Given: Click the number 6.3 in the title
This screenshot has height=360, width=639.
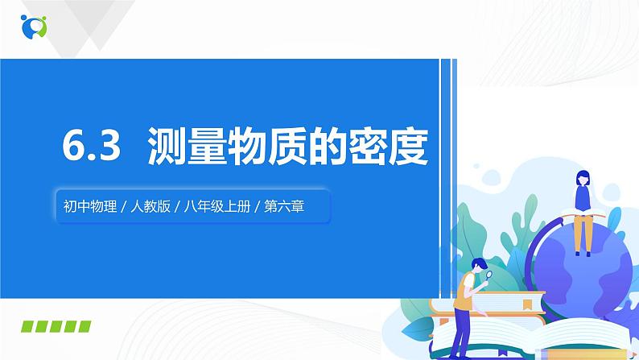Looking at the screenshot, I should (x=90, y=149).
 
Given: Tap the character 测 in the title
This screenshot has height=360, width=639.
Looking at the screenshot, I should (x=169, y=149).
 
